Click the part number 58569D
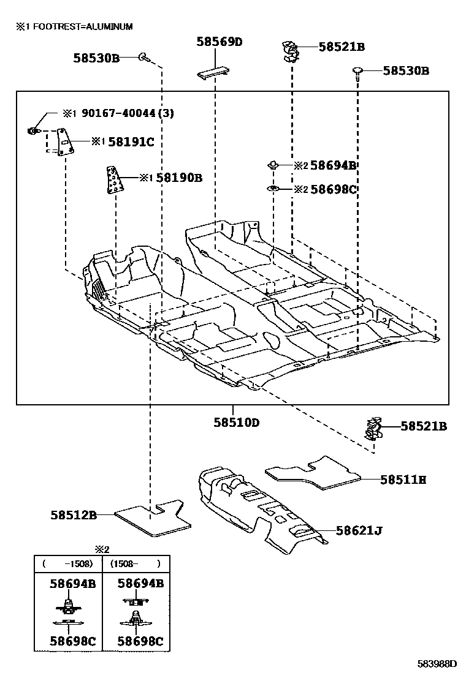(x=220, y=42)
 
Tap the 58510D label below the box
(x=237, y=423)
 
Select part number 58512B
(x=74, y=515)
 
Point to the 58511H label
(x=403, y=480)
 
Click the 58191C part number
(x=131, y=142)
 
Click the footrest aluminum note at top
(x=74, y=27)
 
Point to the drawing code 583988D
(x=438, y=664)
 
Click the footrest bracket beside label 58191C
(x=64, y=142)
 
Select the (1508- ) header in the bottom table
(x=135, y=563)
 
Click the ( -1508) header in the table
(x=67, y=563)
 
